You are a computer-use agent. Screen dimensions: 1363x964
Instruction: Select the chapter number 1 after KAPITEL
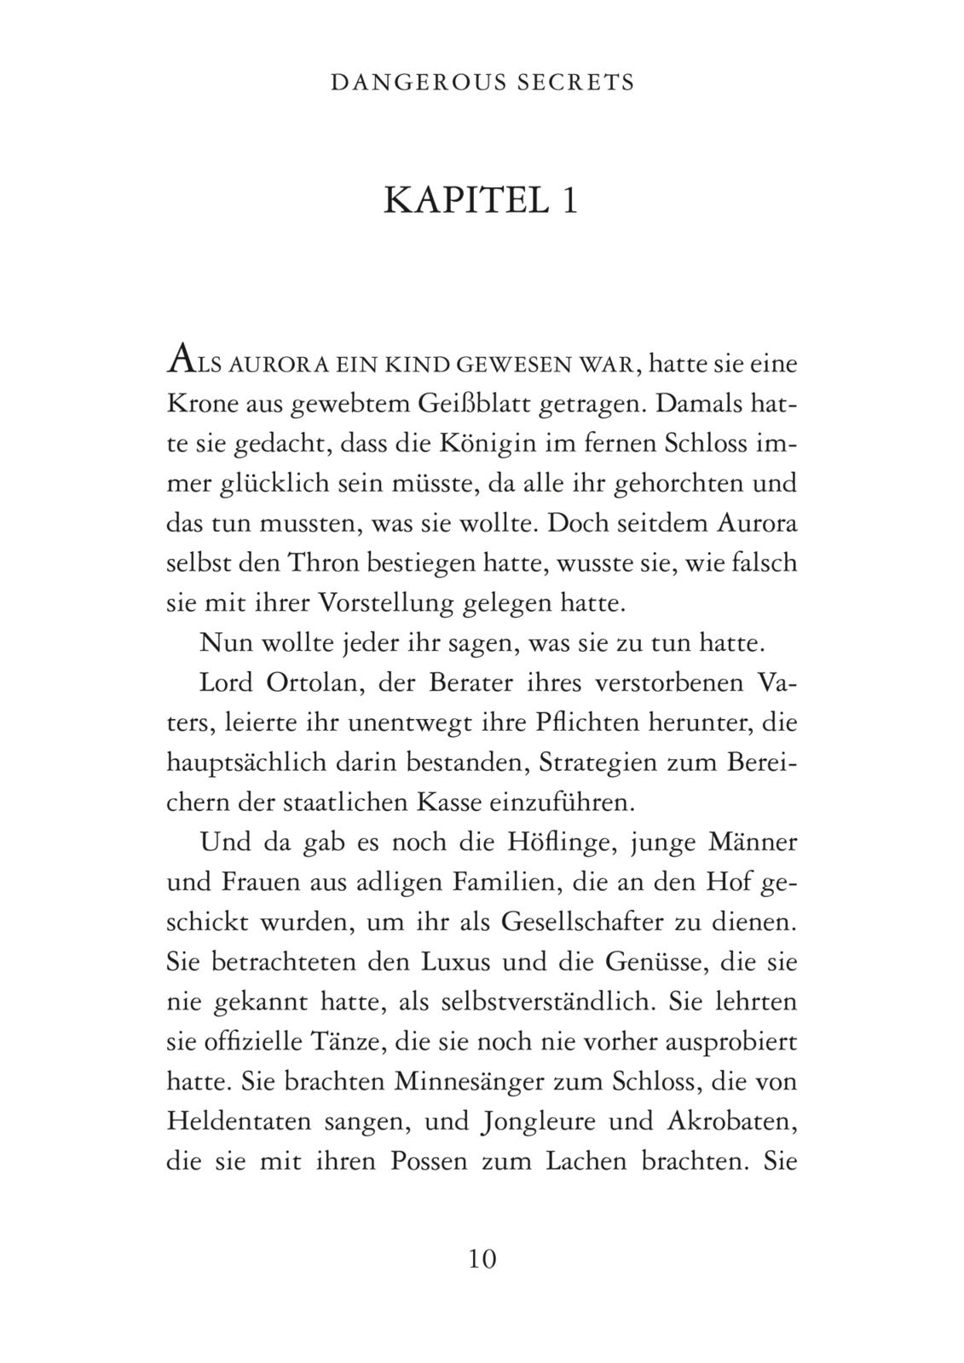(x=569, y=201)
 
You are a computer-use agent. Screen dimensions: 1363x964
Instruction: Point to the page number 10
(x=482, y=1258)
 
